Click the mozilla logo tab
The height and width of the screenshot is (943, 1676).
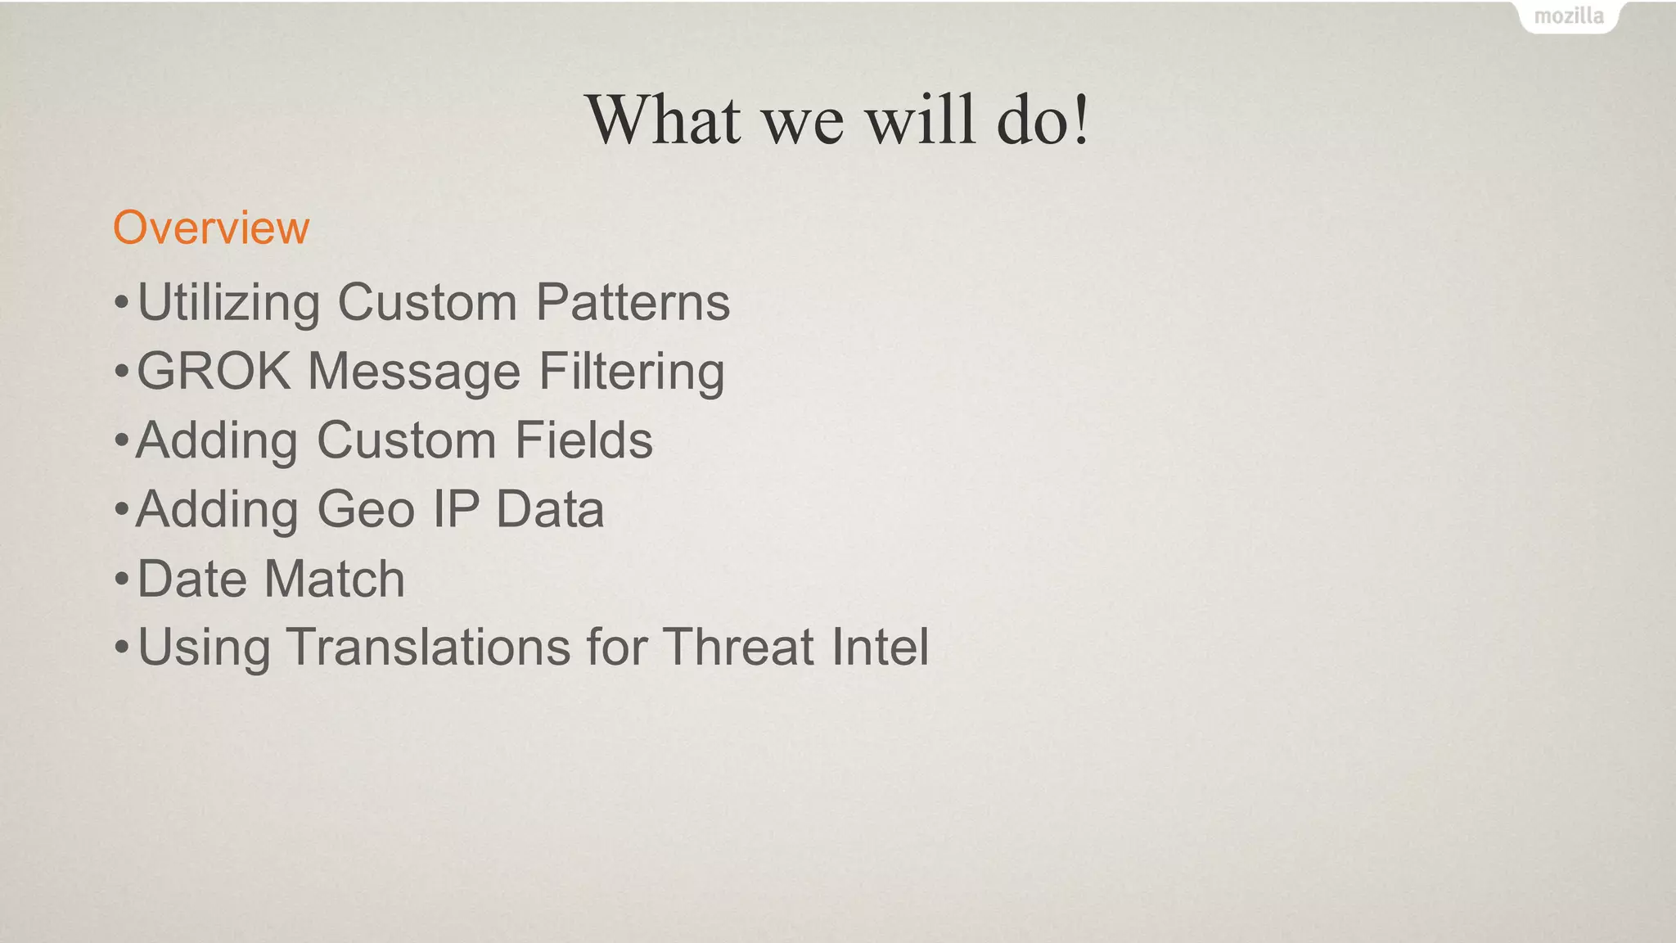click(1568, 16)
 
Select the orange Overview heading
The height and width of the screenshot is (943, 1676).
click(211, 227)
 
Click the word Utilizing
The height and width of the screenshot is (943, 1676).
click(228, 303)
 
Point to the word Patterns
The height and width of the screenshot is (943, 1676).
click(633, 302)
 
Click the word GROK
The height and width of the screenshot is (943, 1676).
click(214, 371)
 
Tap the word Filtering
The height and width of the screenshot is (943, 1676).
click(631, 372)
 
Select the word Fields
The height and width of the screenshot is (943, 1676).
click(583, 440)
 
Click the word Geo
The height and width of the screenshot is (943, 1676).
click(366, 509)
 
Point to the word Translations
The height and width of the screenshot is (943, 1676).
click(428, 647)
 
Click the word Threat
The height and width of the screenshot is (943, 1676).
click(737, 647)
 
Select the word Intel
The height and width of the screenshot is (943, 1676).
click(881, 647)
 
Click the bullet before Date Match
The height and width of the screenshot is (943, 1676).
click(121, 580)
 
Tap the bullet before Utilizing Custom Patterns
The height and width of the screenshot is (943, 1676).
click(121, 304)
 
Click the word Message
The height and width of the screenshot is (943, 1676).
click(414, 372)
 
